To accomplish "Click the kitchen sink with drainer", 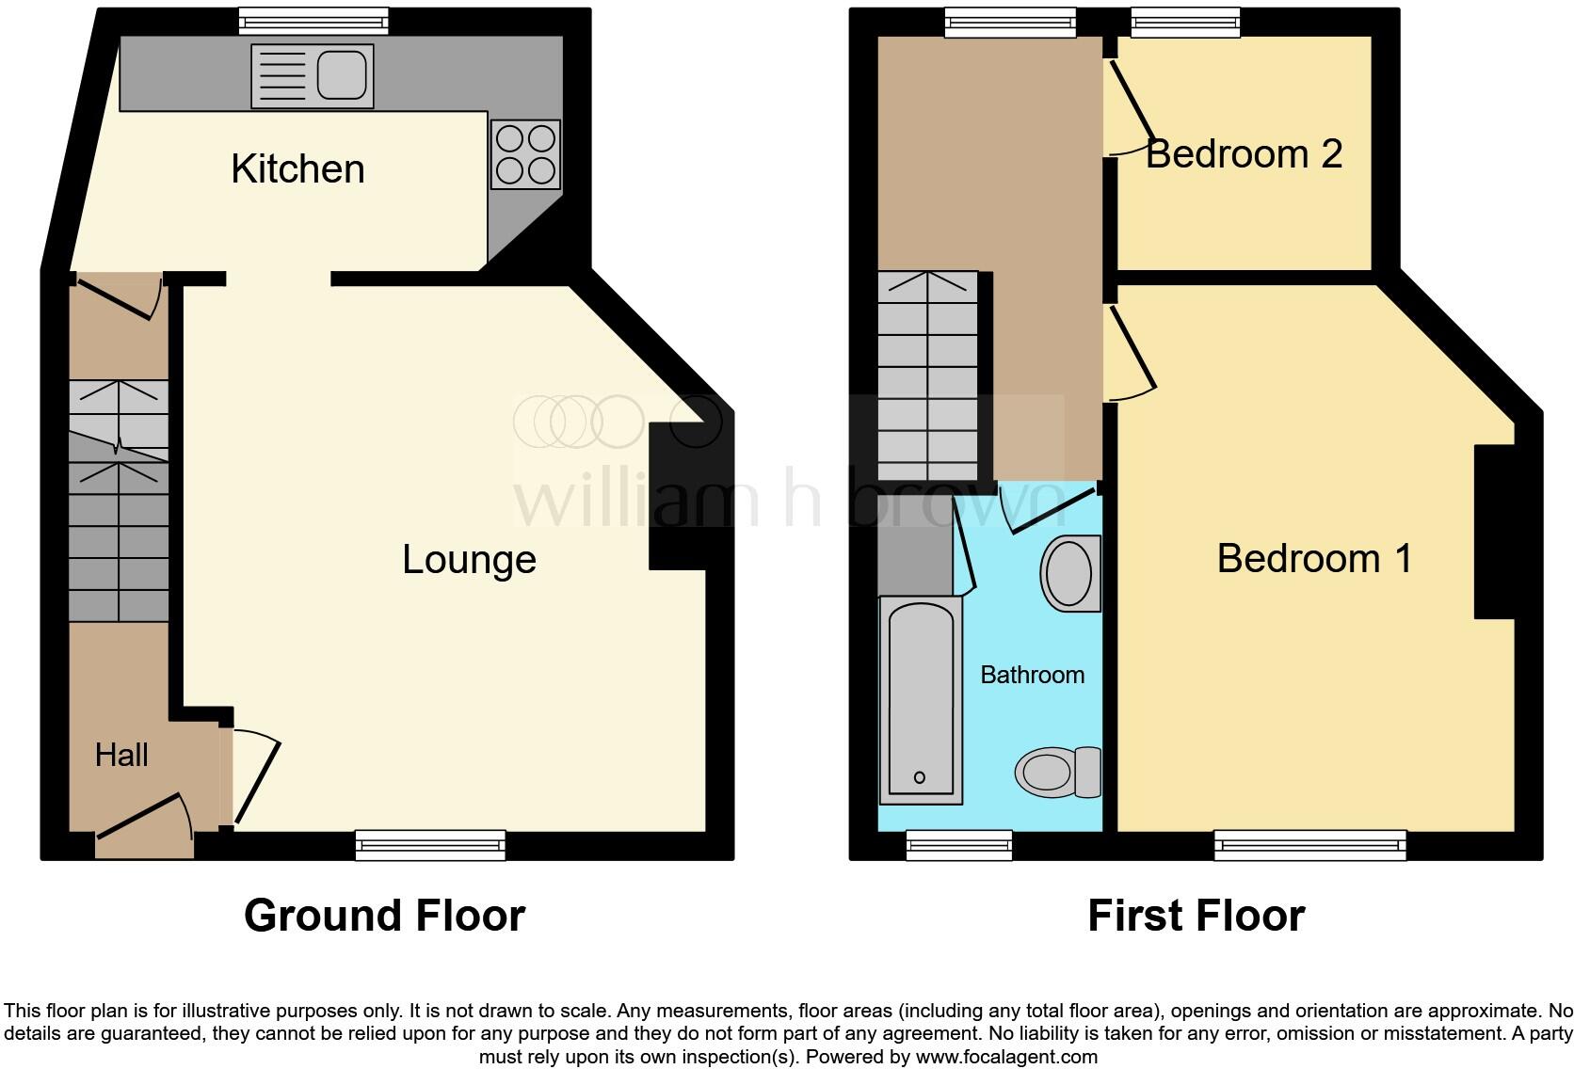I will point(312,76).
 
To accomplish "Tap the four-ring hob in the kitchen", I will point(525,155).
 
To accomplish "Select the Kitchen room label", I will point(297,169).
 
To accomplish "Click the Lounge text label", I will point(469,560).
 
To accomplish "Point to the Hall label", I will point(121,755).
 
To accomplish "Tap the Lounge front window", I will point(430,845).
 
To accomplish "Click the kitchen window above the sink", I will point(313,21).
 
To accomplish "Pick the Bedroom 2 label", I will point(1243,154).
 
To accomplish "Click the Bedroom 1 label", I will point(1314,559).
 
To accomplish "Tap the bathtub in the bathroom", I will point(921,701).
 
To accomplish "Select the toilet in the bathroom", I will point(1058,773).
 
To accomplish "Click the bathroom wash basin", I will point(1070,573).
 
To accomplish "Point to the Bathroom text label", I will point(1032,675).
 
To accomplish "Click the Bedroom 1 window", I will point(1309,845).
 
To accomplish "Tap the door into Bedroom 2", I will point(1131,110).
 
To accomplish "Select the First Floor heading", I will point(1196,916).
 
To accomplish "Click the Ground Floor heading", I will point(384,916).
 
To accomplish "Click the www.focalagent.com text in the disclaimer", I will point(1006,1057).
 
